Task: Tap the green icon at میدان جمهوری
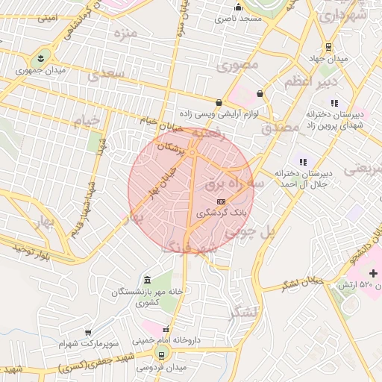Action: [x=40, y=57]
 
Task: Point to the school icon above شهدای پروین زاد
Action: [x=334, y=103]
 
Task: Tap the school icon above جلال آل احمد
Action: [x=302, y=161]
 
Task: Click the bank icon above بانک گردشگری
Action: [x=221, y=201]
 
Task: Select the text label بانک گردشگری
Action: [x=221, y=213]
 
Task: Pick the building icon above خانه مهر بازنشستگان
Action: [x=146, y=279]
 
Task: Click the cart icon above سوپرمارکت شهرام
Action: [x=89, y=333]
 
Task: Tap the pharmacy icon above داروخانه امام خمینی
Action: [x=166, y=329]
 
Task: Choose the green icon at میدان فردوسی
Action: [x=160, y=356]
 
